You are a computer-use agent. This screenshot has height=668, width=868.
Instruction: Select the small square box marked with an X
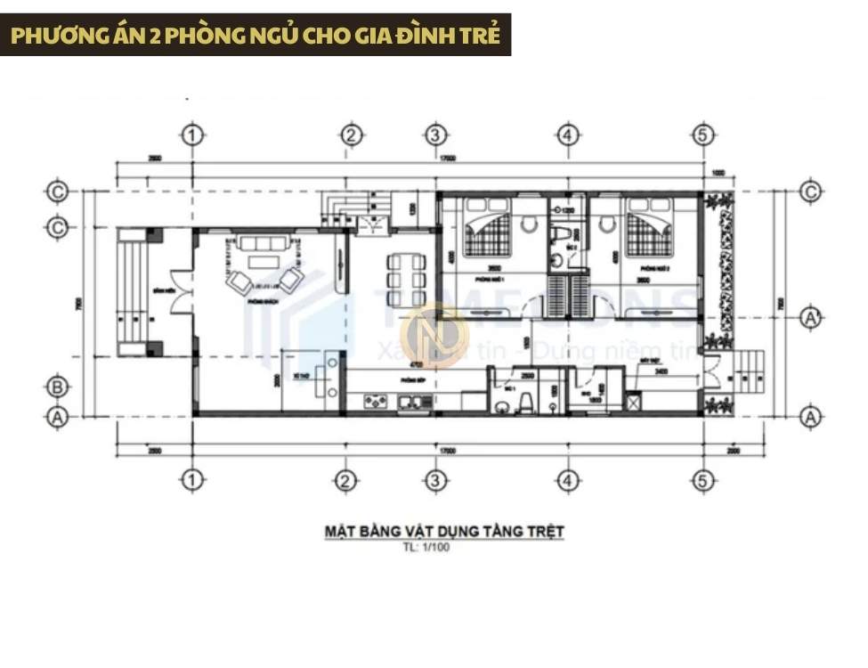click(633, 403)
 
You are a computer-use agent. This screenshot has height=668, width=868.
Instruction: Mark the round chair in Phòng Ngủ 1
click(529, 225)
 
